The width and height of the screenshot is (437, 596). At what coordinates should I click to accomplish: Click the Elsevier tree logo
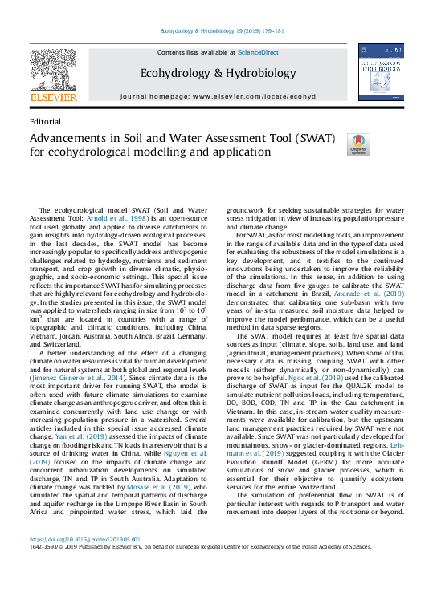[x=54, y=69]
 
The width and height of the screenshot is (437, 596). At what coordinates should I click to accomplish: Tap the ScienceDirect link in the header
[x=258, y=52]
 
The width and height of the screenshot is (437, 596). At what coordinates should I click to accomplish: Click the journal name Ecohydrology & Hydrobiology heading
[x=218, y=73]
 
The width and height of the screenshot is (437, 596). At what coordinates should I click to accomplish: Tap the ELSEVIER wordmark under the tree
[x=53, y=97]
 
